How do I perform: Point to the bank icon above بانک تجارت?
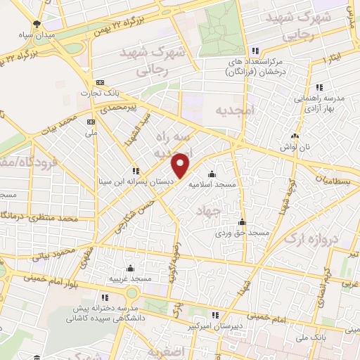[x=100, y=82]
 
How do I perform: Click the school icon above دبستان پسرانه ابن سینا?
[x=135, y=171]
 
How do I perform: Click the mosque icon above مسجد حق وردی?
[x=242, y=221]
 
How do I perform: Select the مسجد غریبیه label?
[x=130, y=278]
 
